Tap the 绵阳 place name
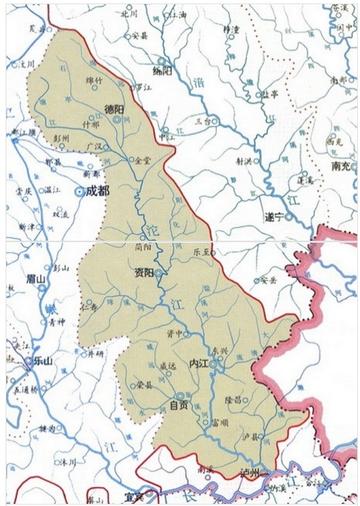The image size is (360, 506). pyautogui.click(x=163, y=71)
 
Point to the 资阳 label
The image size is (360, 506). pyautogui.click(x=143, y=272)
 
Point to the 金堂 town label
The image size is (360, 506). pyautogui.click(x=142, y=159)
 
